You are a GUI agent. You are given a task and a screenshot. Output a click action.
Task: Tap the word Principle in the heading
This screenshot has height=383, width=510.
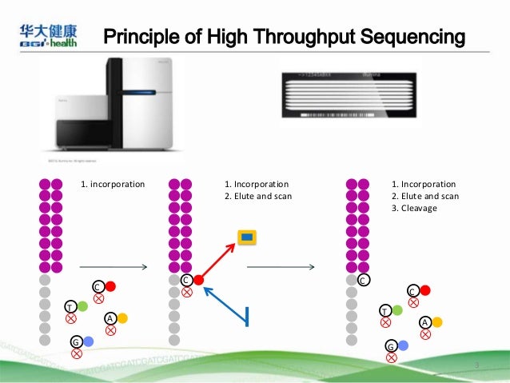click(x=145, y=37)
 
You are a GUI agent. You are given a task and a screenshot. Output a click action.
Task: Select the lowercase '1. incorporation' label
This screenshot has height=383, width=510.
click(x=113, y=184)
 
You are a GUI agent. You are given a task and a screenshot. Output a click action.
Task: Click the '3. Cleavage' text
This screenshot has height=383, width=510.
click(x=420, y=209)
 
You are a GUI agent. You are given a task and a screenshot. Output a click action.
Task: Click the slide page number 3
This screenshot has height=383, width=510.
click(x=476, y=365)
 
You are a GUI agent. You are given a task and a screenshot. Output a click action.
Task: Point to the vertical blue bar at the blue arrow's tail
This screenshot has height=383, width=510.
click(x=248, y=317)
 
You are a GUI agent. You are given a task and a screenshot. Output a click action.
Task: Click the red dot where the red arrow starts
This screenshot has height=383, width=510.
click(x=198, y=281)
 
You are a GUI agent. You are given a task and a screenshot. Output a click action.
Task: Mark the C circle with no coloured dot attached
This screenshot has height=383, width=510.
click(x=363, y=281)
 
